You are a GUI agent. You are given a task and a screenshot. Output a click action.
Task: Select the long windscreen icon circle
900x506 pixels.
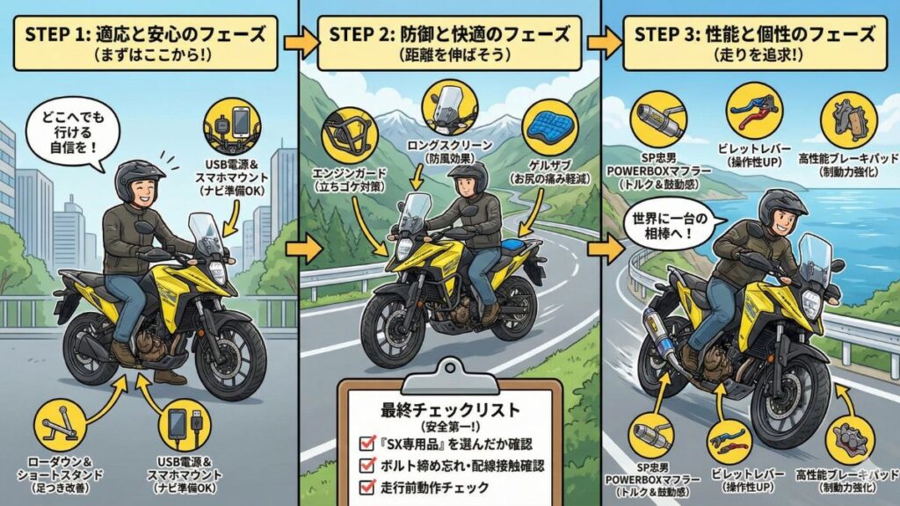click(x=449, y=106)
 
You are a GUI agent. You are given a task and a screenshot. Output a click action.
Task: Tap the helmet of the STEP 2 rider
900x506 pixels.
click(x=466, y=177)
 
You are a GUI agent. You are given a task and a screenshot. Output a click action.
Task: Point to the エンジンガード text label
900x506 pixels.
click(x=345, y=172)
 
